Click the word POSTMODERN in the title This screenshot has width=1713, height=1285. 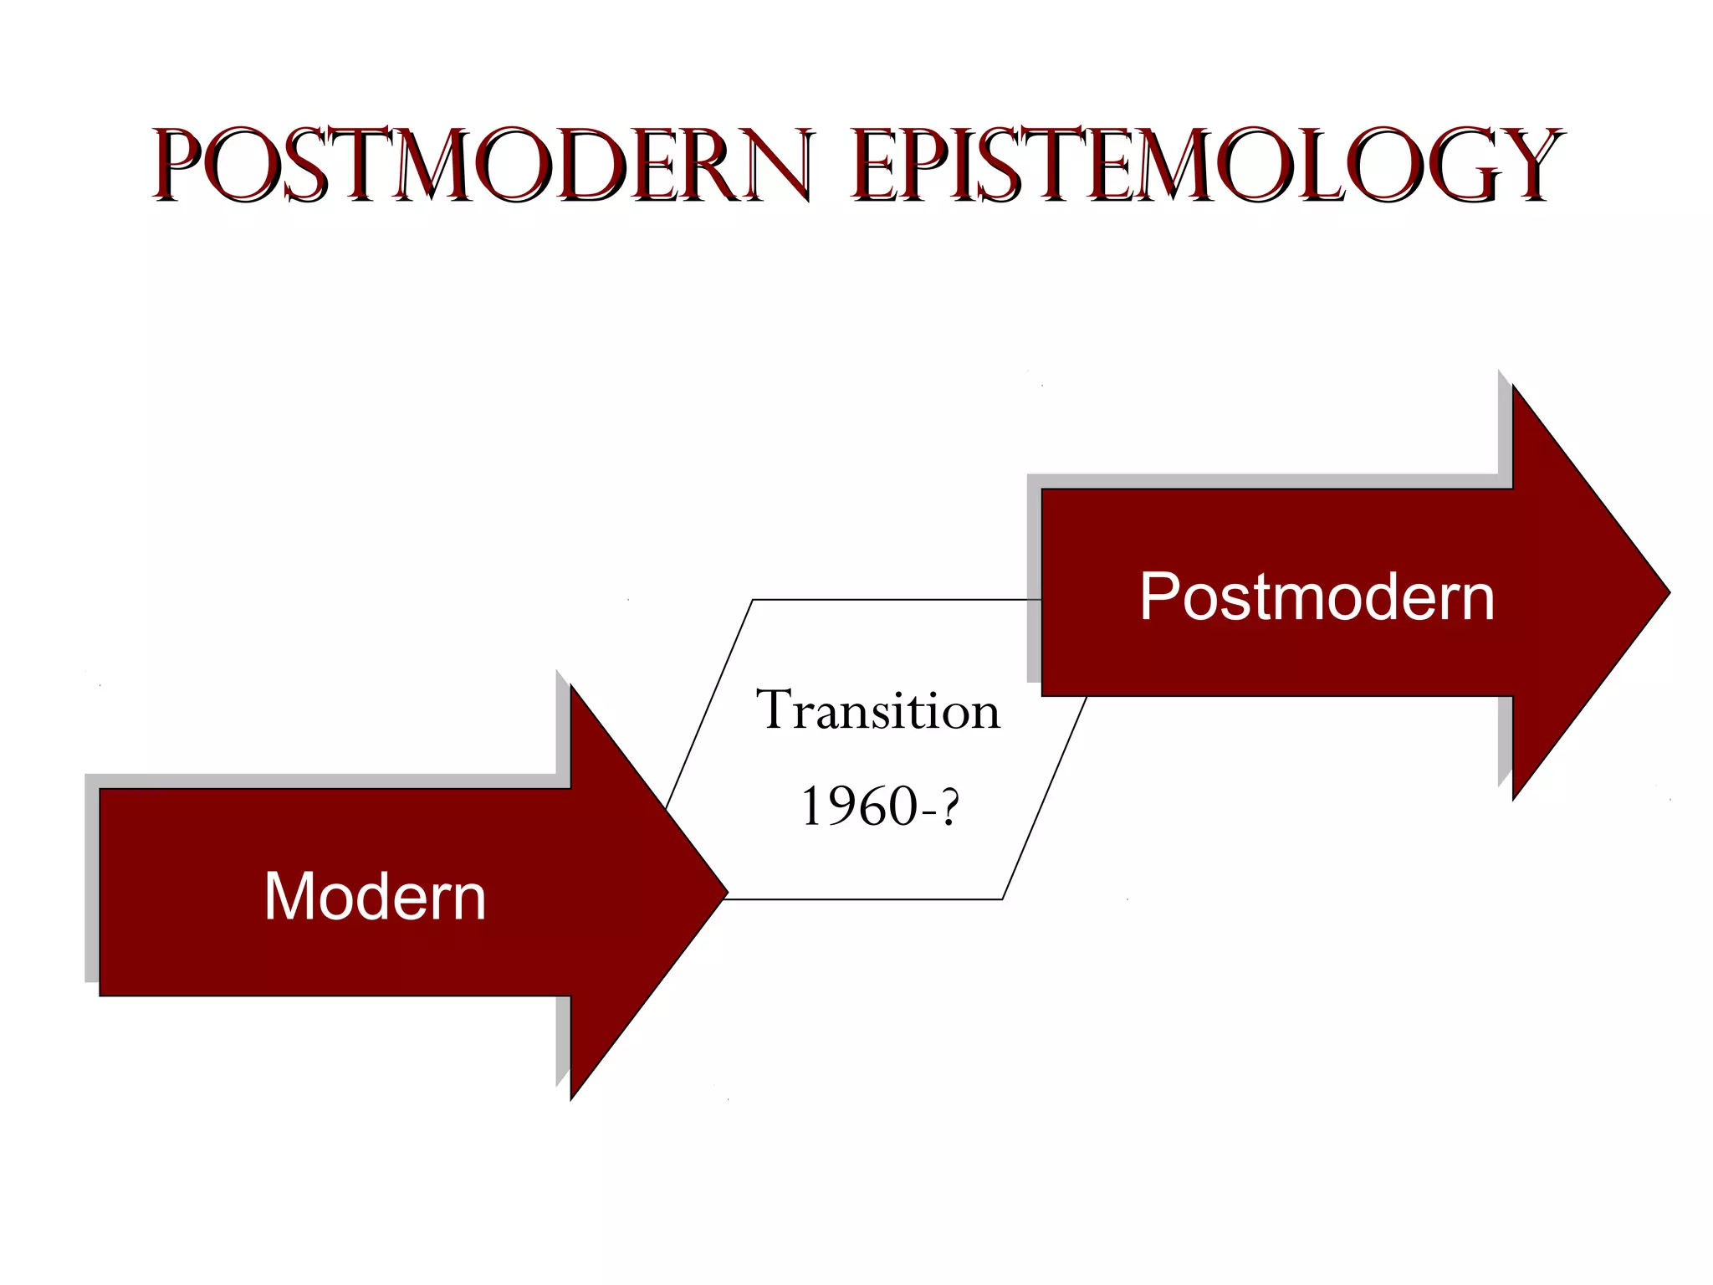point(481,165)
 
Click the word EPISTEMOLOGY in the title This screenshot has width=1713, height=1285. point(1204,165)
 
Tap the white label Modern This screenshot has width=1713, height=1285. point(375,896)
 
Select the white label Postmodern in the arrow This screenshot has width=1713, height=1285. point(1317,596)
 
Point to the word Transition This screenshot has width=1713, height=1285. point(877,711)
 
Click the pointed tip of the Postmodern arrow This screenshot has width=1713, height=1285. point(1667,592)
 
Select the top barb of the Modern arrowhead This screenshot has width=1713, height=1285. point(572,689)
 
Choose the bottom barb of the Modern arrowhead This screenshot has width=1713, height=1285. point(572,1095)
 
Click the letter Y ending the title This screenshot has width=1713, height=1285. point(1526,165)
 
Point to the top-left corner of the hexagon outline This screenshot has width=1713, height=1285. point(753,600)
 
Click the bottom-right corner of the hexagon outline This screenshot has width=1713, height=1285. point(1002,899)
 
